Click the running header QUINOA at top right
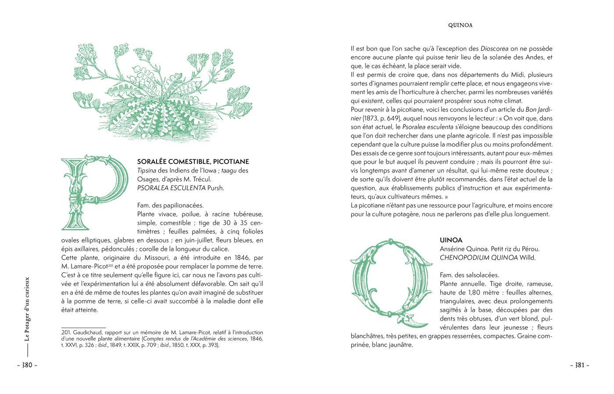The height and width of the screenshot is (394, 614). point(460,25)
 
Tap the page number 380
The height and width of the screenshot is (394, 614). point(27,366)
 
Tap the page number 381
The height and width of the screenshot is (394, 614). point(579,366)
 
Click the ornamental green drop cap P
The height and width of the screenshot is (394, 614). point(94,193)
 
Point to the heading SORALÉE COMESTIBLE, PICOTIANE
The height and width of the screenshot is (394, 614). point(193,162)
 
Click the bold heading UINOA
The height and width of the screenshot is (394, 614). point(451,240)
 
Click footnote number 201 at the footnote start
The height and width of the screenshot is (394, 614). point(66,332)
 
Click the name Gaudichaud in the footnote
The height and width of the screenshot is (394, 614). point(89,332)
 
